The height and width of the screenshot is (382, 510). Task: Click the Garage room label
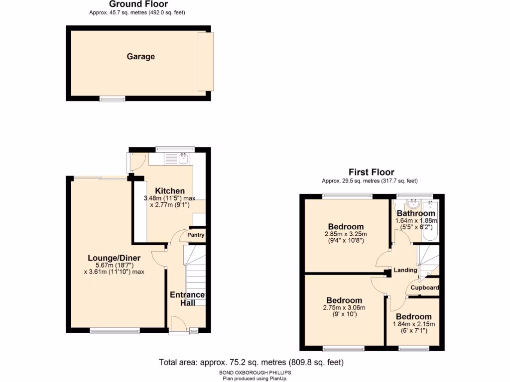click(140, 57)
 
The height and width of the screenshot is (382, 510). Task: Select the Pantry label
click(196, 235)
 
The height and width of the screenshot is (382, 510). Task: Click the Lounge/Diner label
click(114, 258)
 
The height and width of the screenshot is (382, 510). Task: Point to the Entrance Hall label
click(187, 299)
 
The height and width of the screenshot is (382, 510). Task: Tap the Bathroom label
click(415, 213)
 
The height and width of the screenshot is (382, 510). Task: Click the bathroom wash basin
click(412, 204)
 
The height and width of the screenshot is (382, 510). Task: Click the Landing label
click(405, 270)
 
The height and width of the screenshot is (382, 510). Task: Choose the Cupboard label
click(425, 287)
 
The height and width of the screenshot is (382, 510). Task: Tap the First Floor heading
click(372, 172)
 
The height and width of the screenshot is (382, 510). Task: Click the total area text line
click(251, 362)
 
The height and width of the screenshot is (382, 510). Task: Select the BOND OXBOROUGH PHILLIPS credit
click(255, 373)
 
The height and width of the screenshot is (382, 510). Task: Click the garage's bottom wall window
click(112, 99)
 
